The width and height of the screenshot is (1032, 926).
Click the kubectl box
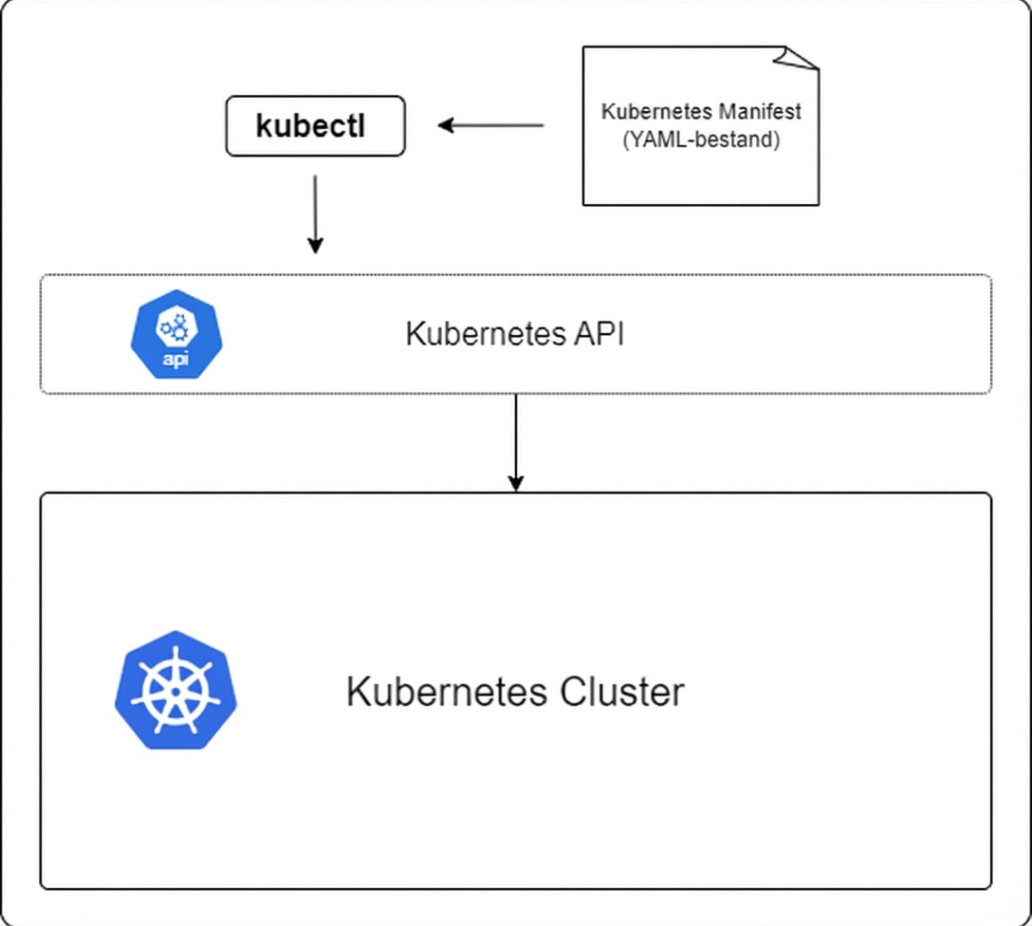point(315,126)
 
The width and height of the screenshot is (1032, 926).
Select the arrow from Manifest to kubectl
point(491,125)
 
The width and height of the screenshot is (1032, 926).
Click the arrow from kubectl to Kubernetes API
point(315,213)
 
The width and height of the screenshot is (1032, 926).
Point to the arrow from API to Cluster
point(515,441)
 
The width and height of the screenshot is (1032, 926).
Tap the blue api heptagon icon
point(173,335)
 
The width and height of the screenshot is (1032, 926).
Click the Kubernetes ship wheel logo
point(175,691)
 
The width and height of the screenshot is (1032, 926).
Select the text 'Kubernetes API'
point(514,335)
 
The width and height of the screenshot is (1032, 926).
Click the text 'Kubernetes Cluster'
point(514,692)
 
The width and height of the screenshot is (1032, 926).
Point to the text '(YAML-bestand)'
point(701,139)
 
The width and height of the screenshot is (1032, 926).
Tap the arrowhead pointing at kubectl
point(446,125)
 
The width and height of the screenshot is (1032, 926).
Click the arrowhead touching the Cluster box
point(515,483)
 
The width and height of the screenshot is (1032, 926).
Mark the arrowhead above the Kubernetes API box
point(315,245)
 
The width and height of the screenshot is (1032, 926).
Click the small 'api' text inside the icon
point(173,361)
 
